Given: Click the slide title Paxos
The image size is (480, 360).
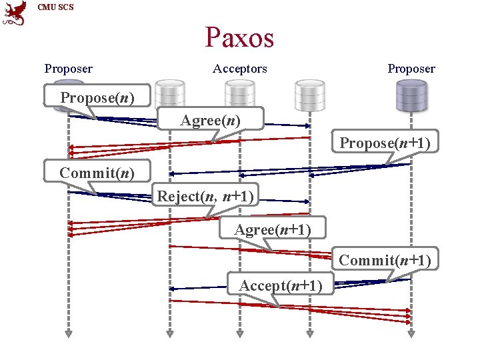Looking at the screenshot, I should tap(239, 37).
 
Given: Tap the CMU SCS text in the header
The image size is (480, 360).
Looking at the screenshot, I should tap(56, 7).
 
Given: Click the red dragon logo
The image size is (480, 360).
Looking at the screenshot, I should tap(15, 13).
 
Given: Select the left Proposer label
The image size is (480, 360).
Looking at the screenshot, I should tap(68, 69).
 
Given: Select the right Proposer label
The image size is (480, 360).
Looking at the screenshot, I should tap(411, 69).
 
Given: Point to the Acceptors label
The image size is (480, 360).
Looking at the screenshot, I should tap(239, 69).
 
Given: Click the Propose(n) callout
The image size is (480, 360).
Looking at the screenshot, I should tap(97, 97).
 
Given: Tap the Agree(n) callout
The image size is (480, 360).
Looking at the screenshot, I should tap(211, 120).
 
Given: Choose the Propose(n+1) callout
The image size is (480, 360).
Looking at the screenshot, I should tap(385, 143).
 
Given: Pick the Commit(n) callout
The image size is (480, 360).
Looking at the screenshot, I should tap(97, 173).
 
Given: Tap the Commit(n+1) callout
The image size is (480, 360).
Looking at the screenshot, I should tap(385, 259).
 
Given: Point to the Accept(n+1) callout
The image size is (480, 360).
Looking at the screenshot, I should tap(281, 285).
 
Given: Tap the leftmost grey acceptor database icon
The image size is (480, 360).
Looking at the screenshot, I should tap(169, 93).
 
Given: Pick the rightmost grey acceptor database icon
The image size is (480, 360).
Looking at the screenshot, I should tap(309, 93).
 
